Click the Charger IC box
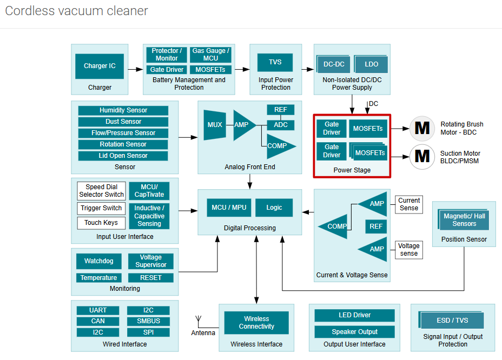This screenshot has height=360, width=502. [x=100, y=66]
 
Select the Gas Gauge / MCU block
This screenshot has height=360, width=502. [x=210, y=55]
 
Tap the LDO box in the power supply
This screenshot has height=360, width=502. [x=372, y=64]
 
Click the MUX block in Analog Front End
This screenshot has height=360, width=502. [x=214, y=125]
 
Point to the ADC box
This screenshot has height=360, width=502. [x=281, y=125]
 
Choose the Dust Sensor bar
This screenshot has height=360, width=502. [x=123, y=122]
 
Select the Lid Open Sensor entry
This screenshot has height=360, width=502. [x=123, y=156]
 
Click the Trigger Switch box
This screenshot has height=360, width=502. [x=101, y=208]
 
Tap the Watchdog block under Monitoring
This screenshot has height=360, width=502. [x=99, y=261]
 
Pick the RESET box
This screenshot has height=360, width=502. [x=151, y=278]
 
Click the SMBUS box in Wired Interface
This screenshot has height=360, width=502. [x=148, y=321]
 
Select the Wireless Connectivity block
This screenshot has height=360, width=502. [x=256, y=323]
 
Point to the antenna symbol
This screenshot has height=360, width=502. [x=197, y=321]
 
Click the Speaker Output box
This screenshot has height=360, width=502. [x=354, y=332]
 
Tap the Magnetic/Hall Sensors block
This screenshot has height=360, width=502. [x=464, y=219]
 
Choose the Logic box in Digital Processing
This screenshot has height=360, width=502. [x=274, y=208]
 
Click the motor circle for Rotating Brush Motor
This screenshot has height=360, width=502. [x=422, y=128]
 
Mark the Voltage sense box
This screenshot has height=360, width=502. [x=409, y=249]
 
